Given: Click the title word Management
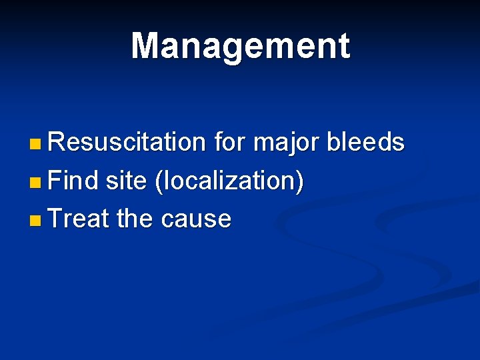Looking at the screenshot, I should click(240, 47).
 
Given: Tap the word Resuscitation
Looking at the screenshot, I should click(127, 142).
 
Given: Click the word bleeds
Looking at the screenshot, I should click(366, 142).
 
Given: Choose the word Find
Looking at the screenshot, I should click(73, 181).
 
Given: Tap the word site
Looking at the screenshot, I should click(127, 181).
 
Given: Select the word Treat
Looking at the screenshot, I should click(79, 219).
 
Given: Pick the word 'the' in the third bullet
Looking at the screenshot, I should click(136, 219).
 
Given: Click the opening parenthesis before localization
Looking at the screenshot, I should click(157, 181).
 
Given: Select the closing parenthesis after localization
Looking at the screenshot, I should click(301, 181).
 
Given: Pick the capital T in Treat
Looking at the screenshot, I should click(55, 219).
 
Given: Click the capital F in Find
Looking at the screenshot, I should click(55, 181).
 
